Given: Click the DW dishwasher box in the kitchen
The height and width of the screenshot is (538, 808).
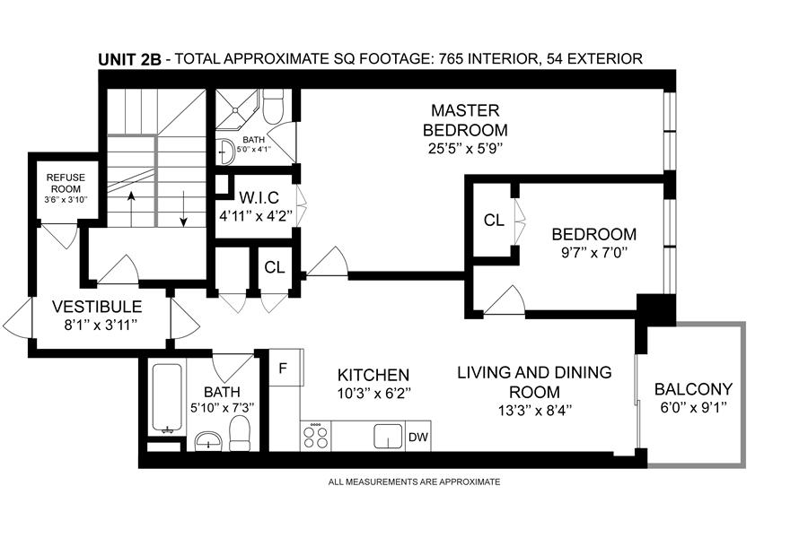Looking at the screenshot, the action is point(418,437).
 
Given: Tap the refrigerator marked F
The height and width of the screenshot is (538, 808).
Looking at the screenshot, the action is point(286,368).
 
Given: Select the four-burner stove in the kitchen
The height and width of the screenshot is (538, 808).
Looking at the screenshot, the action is point(315,436).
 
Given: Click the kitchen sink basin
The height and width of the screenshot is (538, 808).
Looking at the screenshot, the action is point(388,437).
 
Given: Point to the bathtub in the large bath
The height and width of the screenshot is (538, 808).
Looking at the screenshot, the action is point(166,399).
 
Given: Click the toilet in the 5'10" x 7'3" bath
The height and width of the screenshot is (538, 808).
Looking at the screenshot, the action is point(239,433).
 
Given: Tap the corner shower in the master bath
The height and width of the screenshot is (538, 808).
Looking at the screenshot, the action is point(236,108).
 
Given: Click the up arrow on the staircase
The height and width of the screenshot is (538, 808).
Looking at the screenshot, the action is point(131,209).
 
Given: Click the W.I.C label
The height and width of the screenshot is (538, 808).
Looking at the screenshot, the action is point(259,197).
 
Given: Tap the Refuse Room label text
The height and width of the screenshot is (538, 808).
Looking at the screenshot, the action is point(66,183).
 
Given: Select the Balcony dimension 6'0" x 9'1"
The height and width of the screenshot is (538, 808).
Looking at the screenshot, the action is point(693,407).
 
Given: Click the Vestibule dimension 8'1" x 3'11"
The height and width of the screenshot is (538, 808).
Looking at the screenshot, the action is point(97,325).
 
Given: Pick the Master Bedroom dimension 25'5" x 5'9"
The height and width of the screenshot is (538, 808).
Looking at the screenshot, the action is point(465,149).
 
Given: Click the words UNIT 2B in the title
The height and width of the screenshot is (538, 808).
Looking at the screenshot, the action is point(130,59).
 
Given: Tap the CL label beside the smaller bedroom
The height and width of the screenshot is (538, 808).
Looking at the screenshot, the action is point(494,221).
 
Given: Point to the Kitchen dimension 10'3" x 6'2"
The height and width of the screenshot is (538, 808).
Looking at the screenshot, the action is point(373,394).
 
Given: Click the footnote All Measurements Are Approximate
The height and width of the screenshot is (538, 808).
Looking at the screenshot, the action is point(414,482).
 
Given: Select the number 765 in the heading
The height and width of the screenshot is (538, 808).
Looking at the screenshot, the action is point(452,58).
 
